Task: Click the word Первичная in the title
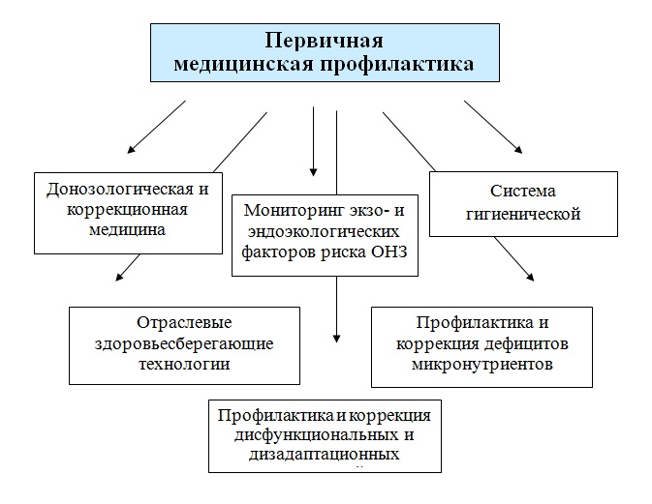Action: click(324, 41)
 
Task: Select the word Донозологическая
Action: click(120, 189)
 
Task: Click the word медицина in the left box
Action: click(127, 229)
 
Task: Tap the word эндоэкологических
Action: click(324, 231)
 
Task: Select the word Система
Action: click(523, 191)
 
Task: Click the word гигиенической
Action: click(523, 214)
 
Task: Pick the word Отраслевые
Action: click(184, 322)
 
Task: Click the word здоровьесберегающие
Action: click(184, 343)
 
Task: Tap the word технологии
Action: click(184, 364)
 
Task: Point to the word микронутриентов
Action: click(482, 364)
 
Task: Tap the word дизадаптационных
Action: click(324, 455)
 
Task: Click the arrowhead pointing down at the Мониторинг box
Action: click(314, 172)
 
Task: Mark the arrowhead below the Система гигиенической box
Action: click(530, 277)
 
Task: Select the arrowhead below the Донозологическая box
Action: click(119, 277)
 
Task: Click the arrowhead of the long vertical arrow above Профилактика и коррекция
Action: click(337, 338)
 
